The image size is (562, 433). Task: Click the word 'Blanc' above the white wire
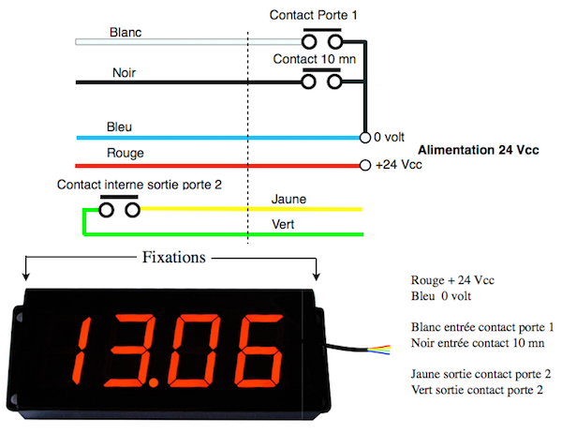(x=126, y=32)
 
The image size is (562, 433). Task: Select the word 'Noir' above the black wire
(x=124, y=72)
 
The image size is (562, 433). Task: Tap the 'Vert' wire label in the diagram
(x=282, y=225)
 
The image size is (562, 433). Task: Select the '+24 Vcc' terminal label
(x=398, y=165)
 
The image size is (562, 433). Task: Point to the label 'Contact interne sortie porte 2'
(x=140, y=185)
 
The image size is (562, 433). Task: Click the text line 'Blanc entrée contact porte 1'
(x=483, y=327)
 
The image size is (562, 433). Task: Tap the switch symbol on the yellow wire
(x=121, y=209)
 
